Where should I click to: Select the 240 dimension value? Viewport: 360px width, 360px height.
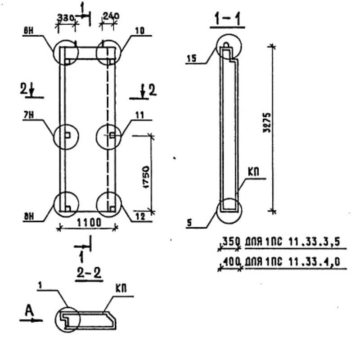[111, 16]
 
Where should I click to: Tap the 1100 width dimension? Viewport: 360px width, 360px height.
[89, 222]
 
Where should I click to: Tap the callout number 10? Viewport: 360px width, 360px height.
[140, 31]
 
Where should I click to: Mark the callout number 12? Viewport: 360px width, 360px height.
[139, 216]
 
